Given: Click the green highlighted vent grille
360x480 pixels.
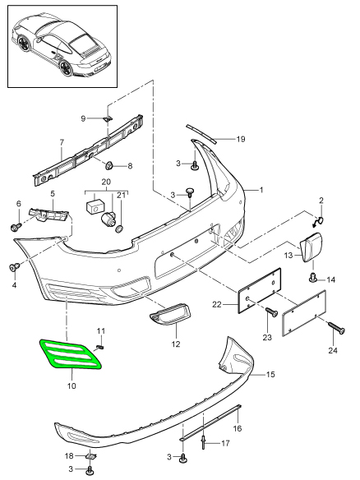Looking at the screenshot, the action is (x=70, y=354).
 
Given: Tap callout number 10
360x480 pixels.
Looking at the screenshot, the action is (x=72, y=386).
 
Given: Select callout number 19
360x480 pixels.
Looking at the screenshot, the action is (x=241, y=139).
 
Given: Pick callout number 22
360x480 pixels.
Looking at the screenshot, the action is (x=216, y=305).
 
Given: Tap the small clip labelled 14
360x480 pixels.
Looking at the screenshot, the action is (x=313, y=278).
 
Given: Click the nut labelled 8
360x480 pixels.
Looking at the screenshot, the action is (x=109, y=166).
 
